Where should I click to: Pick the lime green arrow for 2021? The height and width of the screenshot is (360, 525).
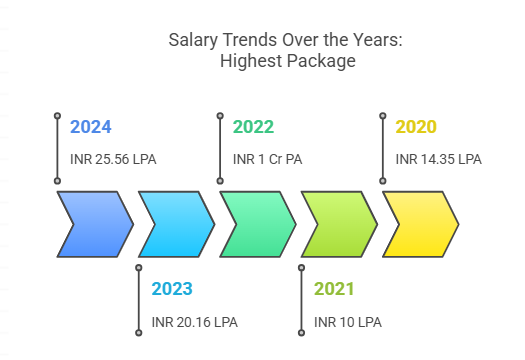click(338, 224)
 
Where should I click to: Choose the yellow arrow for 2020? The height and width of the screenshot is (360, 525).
click(419, 224)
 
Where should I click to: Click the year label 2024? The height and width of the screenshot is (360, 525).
click(91, 127)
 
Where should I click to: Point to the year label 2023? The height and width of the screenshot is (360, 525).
click(172, 290)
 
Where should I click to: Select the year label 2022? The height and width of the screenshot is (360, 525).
click(253, 127)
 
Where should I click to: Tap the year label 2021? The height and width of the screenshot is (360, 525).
click(334, 290)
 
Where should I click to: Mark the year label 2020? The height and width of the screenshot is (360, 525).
click(416, 127)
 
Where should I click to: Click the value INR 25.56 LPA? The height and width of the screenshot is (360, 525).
click(113, 159)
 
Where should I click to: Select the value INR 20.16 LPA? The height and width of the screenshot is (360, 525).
click(194, 322)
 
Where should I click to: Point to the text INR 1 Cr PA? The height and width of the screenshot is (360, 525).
click(267, 159)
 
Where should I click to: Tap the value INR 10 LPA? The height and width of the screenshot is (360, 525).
click(347, 322)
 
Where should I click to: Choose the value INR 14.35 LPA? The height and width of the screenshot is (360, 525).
click(438, 159)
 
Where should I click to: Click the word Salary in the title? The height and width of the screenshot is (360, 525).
click(191, 41)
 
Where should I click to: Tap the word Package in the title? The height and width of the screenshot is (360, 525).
click(325, 61)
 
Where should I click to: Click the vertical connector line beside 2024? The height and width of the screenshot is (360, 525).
click(57, 150)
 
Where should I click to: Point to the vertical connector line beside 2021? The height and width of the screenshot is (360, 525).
click(301, 300)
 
